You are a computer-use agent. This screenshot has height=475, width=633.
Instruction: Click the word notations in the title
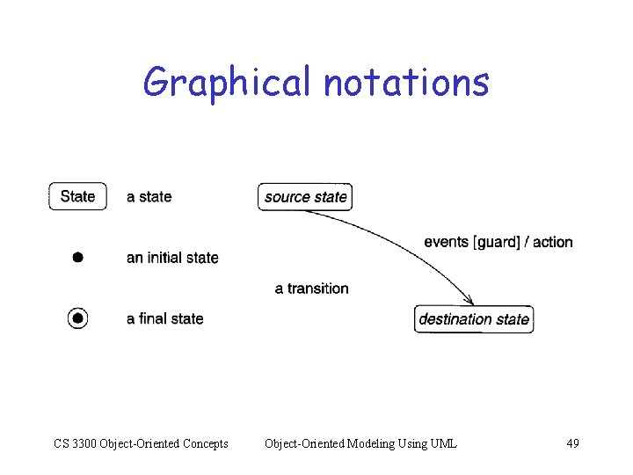pyautogui.click(x=405, y=83)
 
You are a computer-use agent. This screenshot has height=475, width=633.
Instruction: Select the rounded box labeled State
pyautogui.click(x=77, y=196)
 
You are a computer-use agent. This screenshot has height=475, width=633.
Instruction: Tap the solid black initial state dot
pyautogui.click(x=77, y=258)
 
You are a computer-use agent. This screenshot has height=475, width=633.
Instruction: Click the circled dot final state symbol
pyautogui.click(x=78, y=318)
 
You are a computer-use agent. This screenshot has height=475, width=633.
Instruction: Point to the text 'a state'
pyautogui.click(x=149, y=197)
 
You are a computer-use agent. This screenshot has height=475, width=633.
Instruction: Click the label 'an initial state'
pyautogui.click(x=172, y=258)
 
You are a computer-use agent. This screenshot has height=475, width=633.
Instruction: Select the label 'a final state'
pyautogui.click(x=164, y=318)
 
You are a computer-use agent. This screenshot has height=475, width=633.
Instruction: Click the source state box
pyautogui.click(x=305, y=197)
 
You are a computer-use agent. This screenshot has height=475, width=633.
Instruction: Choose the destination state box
pyautogui.click(x=474, y=318)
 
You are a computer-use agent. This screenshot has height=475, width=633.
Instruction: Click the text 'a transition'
pyautogui.click(x=311, y=289)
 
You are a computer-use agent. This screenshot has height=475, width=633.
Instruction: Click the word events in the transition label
pyautogui.click(x=447, y=242)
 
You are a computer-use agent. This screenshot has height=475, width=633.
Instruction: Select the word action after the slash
pyautogui.click(x=552, y=242)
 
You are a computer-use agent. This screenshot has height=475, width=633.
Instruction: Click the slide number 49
pyautogui.click(x=572, y=443)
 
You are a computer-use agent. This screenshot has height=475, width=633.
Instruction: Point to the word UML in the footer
pyautogui.click(x=443, y=443)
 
